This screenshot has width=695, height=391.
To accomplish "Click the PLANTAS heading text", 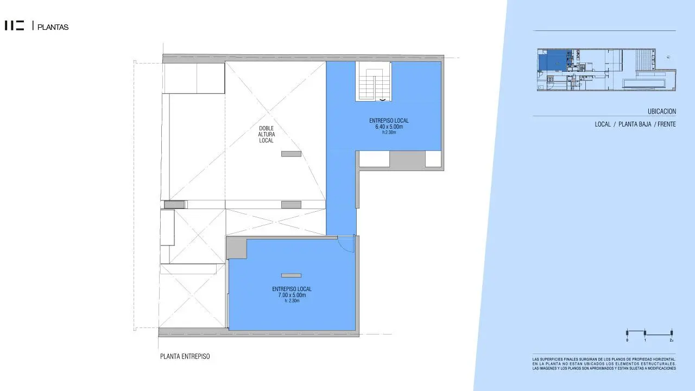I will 53,27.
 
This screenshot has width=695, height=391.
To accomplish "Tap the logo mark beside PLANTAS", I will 15,26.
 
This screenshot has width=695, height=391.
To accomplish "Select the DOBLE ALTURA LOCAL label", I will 266,135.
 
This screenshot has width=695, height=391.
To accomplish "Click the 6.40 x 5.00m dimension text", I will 389,127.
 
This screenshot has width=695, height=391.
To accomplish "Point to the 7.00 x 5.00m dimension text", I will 292,295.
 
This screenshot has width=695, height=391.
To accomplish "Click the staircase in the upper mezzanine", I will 373,81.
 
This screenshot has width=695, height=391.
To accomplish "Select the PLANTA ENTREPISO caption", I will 185,357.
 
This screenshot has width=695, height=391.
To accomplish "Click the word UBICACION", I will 661,111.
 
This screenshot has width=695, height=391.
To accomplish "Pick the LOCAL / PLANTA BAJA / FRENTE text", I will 635,124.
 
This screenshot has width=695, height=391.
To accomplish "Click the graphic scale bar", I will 649,333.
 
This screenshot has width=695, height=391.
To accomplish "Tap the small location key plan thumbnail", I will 606,70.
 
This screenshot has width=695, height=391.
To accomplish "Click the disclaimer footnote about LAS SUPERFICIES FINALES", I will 604,364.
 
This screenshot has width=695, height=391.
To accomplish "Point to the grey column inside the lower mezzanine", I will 291,275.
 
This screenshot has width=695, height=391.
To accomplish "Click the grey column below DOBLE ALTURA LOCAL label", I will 291,154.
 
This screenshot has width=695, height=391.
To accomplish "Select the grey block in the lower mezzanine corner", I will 236,248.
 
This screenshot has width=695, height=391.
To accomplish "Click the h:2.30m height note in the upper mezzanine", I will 389,133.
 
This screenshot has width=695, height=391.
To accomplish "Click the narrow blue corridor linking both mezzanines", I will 341,201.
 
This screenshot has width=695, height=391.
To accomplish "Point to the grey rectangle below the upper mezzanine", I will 407,159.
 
